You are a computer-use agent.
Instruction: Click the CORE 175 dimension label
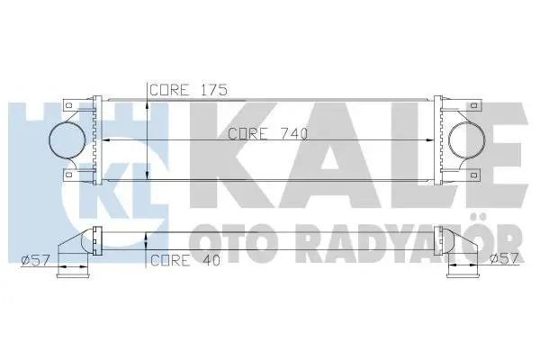coord(189,90)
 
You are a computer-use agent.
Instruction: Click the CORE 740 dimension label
coord(267,134)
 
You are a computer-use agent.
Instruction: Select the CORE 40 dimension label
coord(185,260)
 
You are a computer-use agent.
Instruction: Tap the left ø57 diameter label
coord(35,259)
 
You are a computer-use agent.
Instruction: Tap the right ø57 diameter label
coord(504,258)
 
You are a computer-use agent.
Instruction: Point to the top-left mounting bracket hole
coord(69,104)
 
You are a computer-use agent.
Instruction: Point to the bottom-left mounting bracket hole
coord(69,175)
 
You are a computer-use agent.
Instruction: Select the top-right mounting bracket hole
coord(474,104)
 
